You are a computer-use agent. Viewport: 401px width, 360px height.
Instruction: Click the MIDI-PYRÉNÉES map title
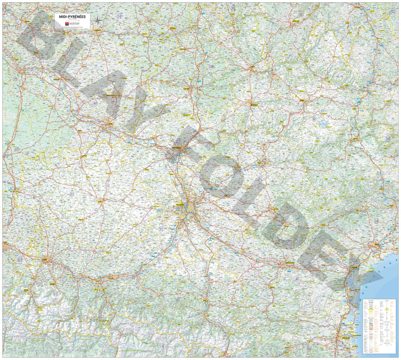72,17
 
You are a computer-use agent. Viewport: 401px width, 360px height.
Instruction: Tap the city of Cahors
191,89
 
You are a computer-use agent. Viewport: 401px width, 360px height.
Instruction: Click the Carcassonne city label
287,266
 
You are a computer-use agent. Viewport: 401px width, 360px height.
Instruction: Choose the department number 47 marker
95,102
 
